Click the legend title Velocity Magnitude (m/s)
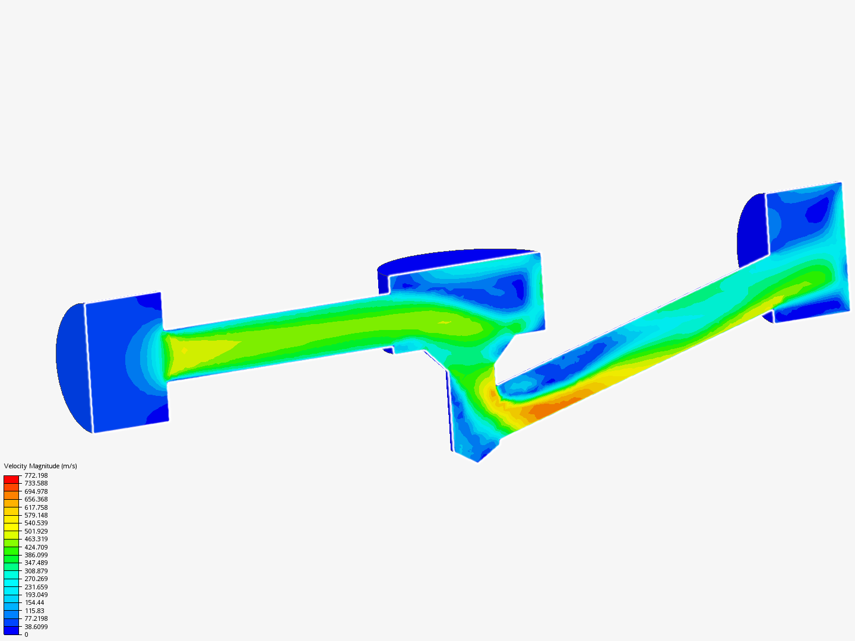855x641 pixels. (40, 466)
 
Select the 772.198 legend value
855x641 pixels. (36, 475)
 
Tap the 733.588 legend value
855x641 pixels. (36, 483)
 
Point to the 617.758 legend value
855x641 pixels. (36, 507)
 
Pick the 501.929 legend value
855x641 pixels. (36, 531)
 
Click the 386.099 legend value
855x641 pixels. (36, 555)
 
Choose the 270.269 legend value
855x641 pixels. (36, 579)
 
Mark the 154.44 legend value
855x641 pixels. (34, 602)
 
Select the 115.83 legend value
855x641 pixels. (34, 611)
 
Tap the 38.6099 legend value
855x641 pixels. (36, 627)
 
